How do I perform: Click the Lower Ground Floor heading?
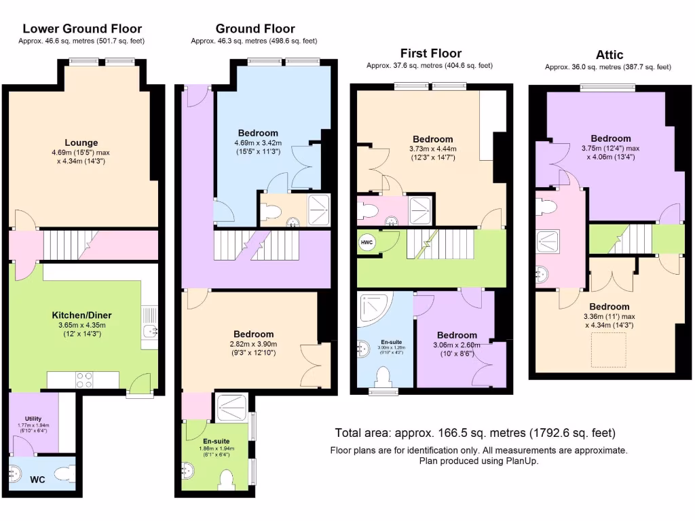(x=82, y=28)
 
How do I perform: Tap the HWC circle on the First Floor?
(x=366, y=243)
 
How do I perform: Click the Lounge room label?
(x=81, y=142)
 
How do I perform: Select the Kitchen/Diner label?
(x=82, y=315)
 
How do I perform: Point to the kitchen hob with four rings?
(x=85, y=380)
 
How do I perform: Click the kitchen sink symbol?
(x=151, y=331)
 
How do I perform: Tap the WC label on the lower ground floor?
(x=38, y=480)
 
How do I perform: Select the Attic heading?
(x=609, y=54)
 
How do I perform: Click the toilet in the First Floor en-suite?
(x=384, y=377)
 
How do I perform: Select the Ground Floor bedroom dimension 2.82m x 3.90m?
(x=254, y=345)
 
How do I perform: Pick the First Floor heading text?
(x=430, y=53)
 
